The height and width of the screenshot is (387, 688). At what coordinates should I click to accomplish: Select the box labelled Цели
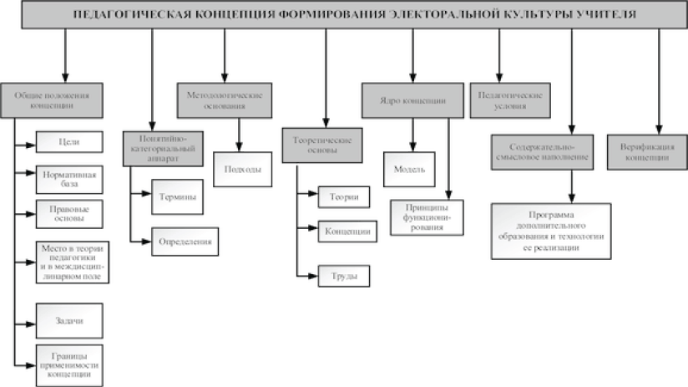click(x=69, y=142)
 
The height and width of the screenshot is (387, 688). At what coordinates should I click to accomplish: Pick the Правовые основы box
click(x=69, y=213)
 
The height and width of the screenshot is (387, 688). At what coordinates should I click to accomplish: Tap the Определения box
click(x=185, y=242)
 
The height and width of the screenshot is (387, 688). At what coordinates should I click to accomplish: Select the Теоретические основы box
click(x=326, y=145)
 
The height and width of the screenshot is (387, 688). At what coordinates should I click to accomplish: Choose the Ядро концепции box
click(x=412, y=100)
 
